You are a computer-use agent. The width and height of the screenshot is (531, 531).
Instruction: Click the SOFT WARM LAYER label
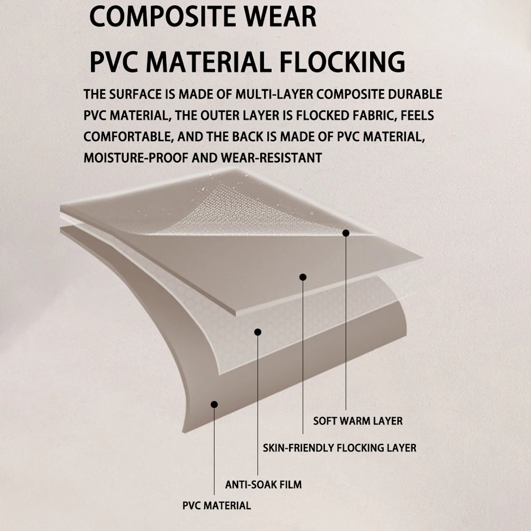(357, 421)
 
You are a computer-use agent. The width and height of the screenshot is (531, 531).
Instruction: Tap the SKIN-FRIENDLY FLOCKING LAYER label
(339, 448)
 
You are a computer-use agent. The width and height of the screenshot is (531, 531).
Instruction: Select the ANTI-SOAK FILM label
(263, 484)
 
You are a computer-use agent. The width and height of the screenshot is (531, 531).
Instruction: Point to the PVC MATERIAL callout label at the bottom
(216, 505)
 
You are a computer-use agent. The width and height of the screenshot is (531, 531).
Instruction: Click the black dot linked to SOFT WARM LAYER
(346, 233)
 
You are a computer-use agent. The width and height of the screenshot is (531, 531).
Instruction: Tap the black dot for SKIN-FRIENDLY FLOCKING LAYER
(303, 277)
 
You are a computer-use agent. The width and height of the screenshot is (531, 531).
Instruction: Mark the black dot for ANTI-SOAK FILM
(258, 332)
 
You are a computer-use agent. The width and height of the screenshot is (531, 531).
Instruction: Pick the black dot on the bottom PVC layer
(215, 404)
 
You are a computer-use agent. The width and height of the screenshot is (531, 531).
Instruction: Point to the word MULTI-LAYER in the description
(263, 95)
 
